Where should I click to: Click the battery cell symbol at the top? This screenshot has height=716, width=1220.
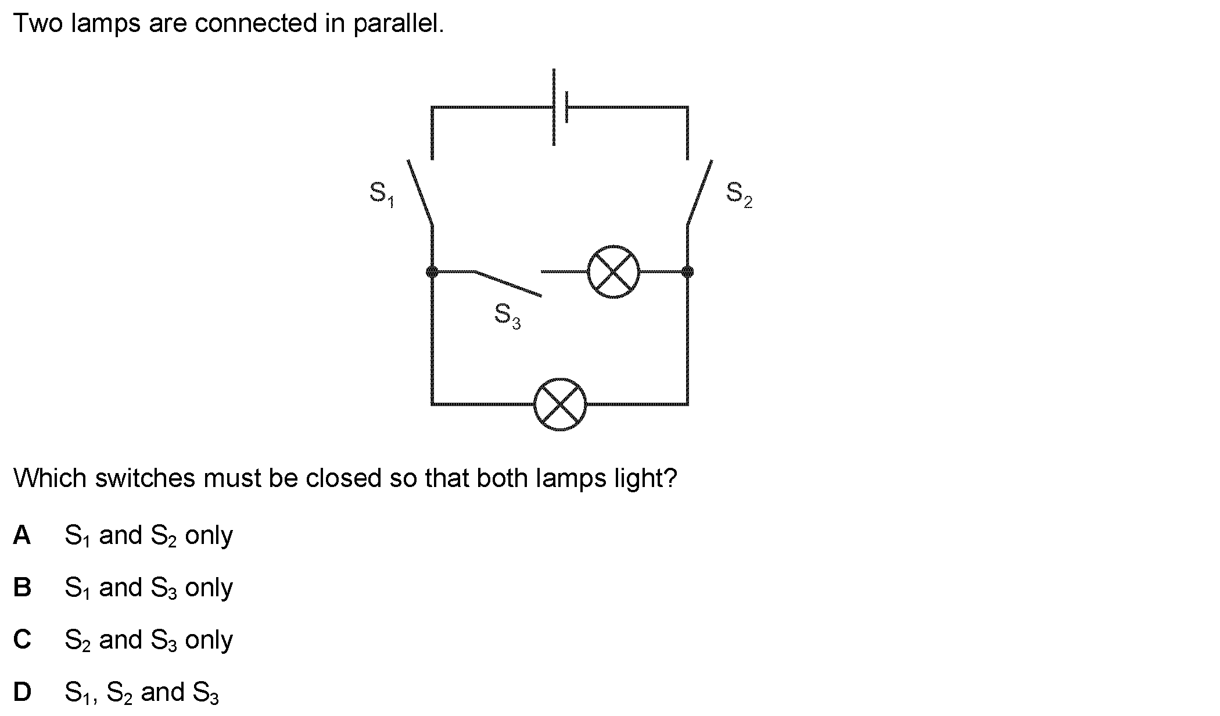click(x=559, y=107)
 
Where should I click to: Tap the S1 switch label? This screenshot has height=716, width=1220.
click(x=382, y=194)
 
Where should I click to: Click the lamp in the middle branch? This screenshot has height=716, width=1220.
click(x=613, y=271)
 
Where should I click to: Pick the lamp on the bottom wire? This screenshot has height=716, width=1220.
click(x=560, y=404)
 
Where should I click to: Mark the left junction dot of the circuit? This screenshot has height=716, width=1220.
click(x=432, y=271)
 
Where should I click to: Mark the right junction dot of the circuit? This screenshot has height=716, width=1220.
click(x=687, y=271)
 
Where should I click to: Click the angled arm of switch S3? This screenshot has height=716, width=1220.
click(x=508, y=284)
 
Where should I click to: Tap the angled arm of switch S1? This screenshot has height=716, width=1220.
click(x=420, y=192)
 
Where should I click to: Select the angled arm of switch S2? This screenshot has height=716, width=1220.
click(x=699, y=192)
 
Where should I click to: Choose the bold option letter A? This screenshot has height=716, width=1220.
click(x=22, y=535)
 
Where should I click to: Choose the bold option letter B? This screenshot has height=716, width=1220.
click(x=22, y=588)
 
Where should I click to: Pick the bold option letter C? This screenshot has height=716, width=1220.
click(x=22, y=640)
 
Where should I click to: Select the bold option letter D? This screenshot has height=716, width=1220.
click(x=22, y=692)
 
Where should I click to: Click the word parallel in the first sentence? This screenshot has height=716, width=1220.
click(x=398, y=24)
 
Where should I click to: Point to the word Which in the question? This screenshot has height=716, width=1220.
click(x=51, y=478)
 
